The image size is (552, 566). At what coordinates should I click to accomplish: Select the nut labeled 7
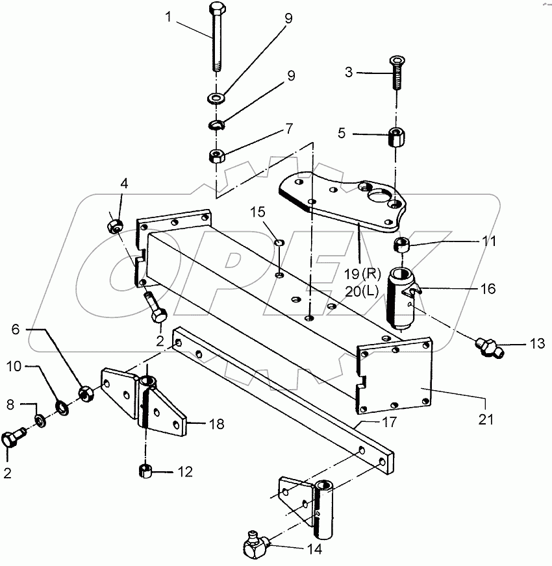click(217, 156)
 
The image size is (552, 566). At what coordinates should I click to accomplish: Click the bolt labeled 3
click(396, 75)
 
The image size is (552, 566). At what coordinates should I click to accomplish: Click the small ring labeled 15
click(278, 242)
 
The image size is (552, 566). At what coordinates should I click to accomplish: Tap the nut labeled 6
click(84, 393)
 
